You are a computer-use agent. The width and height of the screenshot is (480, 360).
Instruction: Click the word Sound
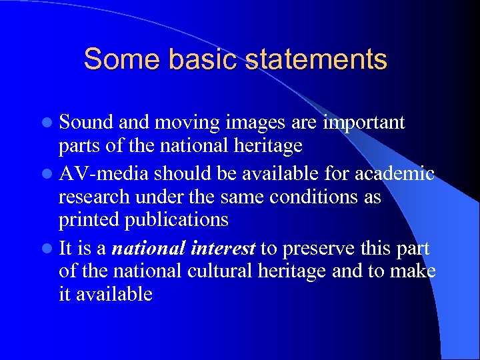click(x=86, y=123)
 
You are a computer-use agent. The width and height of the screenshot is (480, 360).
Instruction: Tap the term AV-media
click(x=103, y=174)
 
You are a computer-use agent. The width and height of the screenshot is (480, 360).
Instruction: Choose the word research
click(x=93, y=198)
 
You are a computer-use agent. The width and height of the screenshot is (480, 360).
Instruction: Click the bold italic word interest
click(x=223, y=249)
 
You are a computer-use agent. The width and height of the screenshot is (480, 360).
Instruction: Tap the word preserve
click(x=322, y=249)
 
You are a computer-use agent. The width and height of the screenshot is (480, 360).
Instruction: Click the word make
click(x=413, y=271)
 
